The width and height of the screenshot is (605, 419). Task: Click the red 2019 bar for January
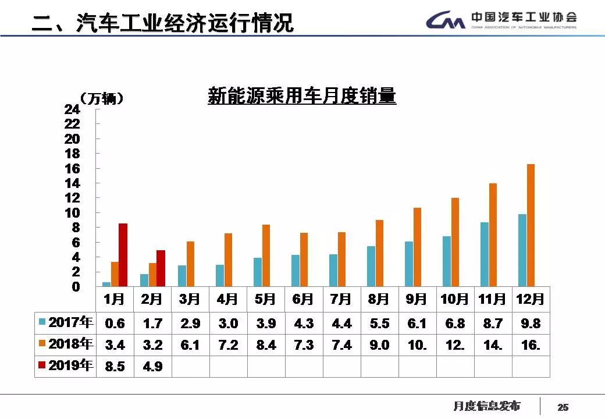click(x=123, y=255)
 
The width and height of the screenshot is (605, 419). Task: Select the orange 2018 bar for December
click(x=531, y=225)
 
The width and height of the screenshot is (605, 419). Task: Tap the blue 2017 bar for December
click(x=522, y=250)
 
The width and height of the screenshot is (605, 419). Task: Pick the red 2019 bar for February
click(x=161, y=268)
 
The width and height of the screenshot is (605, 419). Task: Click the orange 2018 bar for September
click(x=417, y=247)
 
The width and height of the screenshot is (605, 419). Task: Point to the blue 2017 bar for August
click(x=371, y=266)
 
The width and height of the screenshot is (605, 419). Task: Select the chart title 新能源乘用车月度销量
click(x=302, y=95)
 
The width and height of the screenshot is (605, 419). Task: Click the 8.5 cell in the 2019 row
click(x=115, y=367)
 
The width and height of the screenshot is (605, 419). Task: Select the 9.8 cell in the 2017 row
click(x=531, y=323)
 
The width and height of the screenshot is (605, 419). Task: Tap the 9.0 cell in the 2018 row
click(x=379, y=345)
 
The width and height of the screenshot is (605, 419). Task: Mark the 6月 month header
click(x=304, y=299)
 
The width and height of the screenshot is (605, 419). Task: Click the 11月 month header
click(x=493, y=299)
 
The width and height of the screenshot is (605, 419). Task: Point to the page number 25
click(x=563, y=407)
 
